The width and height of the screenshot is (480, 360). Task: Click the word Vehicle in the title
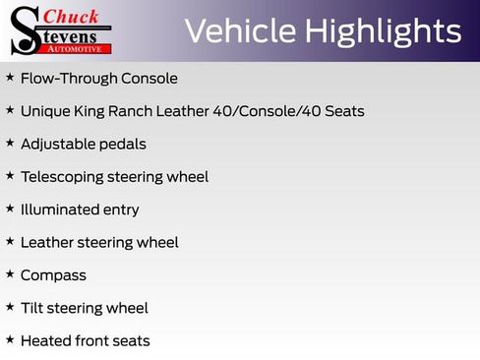pyautogui.click(x=239, y=31)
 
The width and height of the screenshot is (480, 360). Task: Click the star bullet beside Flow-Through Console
pyautogui.click(x=10, y=77)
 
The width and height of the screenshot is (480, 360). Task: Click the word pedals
pyautogui.click(x=123, y=144)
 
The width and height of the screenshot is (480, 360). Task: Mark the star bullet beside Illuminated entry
pyautogui.click(x=10, y=209)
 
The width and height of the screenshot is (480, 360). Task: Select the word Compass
pyautogui.click(x=53, y=275)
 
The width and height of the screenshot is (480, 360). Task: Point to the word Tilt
pyautogui.click(x=31, y=308)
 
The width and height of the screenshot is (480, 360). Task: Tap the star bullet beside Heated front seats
pyautogui.click(x=10, y=339)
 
